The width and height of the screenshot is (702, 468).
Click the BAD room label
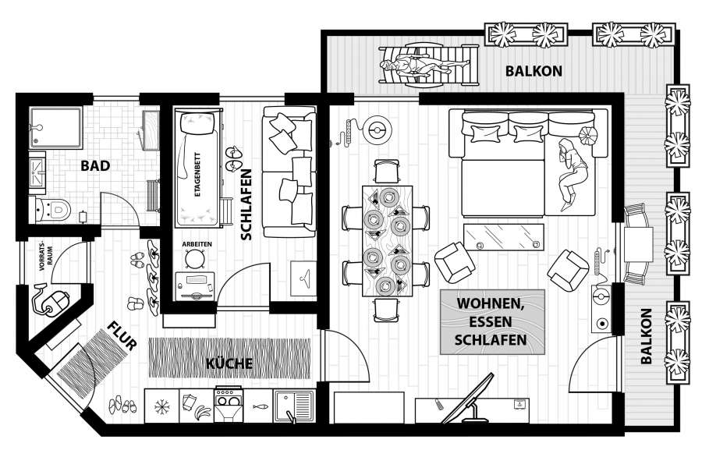click(95, 165)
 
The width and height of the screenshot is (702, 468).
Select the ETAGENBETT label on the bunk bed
click(198, 175)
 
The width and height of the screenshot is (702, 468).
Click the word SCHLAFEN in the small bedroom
click(246, 204)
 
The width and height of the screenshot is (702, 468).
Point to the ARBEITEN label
click(197, 244)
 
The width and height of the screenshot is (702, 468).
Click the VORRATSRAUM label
click(45, 258)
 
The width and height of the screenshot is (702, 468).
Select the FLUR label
click(122, 336)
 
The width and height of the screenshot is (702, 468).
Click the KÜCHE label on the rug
click(229, 363)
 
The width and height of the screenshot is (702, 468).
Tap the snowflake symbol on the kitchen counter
click(161, 406)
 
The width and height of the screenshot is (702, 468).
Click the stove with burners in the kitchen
click(228, 405)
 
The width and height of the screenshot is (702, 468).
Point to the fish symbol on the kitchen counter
click(259, 406)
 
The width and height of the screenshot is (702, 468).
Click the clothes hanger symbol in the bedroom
click(304, 279)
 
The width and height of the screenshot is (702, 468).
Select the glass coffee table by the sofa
click(504, 237)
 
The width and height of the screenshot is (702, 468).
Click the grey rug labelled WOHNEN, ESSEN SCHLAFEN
click(492, 321)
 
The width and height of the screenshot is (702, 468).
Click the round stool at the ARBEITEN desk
click(195, 259)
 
